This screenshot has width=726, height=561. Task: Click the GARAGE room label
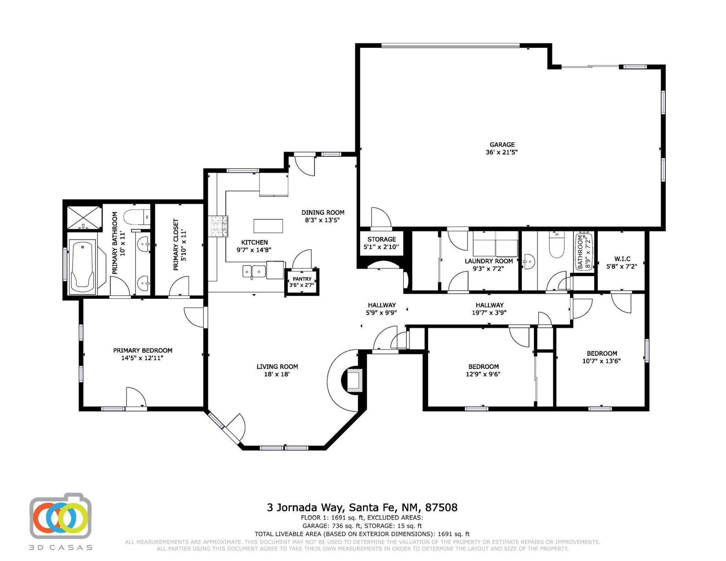tap(502, 145)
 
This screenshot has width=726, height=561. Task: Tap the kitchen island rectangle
tap(268, 226)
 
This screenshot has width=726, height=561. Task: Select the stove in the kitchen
tap(218, 226)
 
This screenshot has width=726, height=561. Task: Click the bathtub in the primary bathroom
tap(83, 266)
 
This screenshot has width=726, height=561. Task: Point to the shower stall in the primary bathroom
tap(84, 218)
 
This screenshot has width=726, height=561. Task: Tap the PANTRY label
tap(302, 279)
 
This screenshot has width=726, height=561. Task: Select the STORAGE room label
tap(382, 239)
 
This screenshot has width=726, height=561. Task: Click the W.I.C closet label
tap(622, 259)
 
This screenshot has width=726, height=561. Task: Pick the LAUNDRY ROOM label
tap(489, 261)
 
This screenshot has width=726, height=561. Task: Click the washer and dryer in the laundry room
tap(496, 244)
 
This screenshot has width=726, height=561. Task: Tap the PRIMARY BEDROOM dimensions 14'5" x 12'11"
tap(142, 358)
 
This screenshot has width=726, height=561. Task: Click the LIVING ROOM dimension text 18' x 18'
tap(277, 374)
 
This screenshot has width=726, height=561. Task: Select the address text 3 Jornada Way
tap(305, 508)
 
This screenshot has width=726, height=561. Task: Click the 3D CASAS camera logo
tap(60, 516)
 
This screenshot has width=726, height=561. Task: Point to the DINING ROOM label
tap(323, 212)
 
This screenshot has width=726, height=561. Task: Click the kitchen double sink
tap(254, 271)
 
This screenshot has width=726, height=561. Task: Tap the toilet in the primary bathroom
tap(137, 217)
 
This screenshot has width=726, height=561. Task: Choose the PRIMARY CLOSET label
tap(176, 244)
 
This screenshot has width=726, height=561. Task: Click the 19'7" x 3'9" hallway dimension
tap(489, 313)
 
